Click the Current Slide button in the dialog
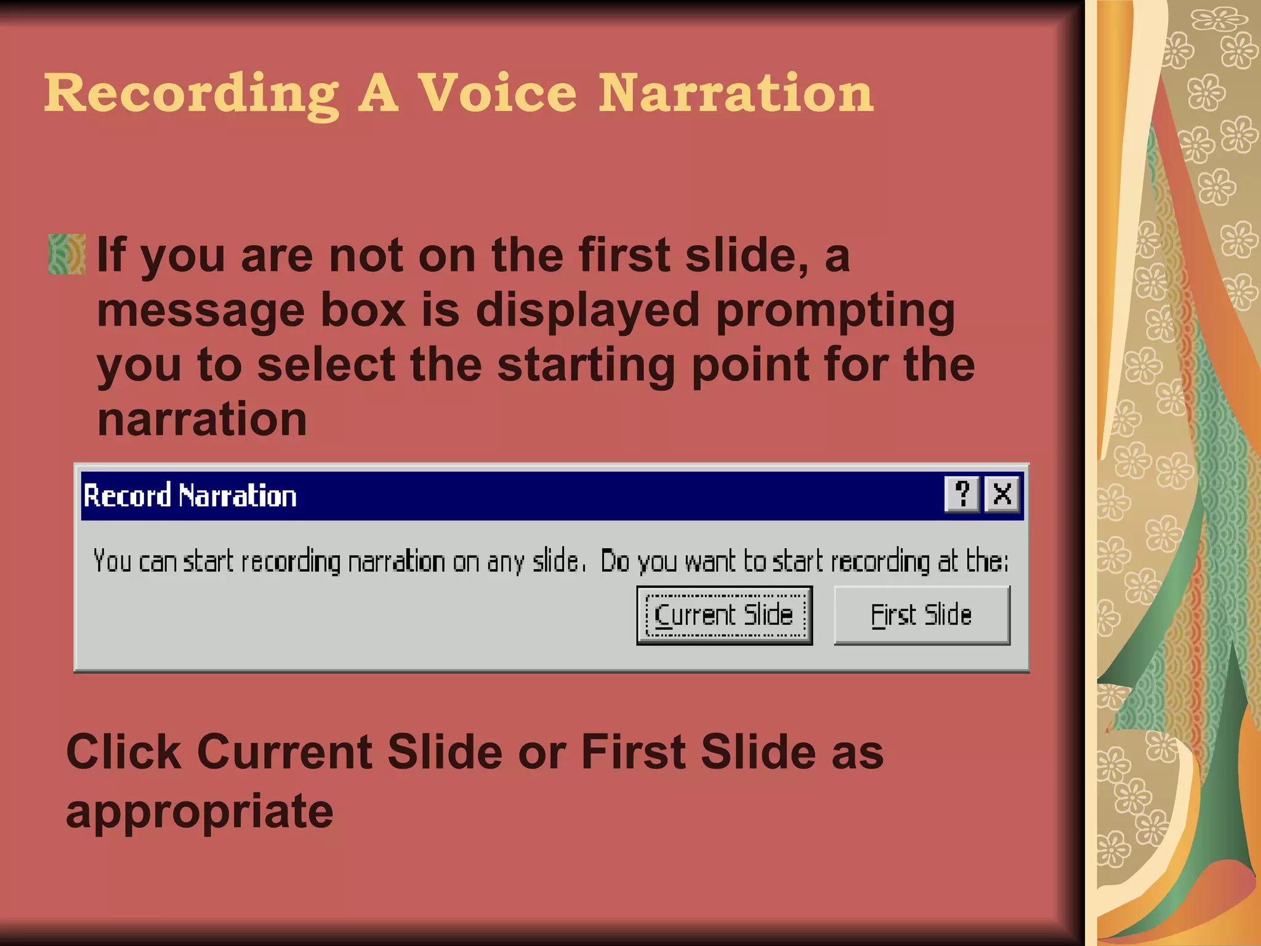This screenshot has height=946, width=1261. tap(724, 615)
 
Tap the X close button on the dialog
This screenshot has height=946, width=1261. tap(1002, 494)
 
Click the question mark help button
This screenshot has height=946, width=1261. tap(962, 494)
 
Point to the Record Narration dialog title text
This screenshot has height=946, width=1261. tap(190, 496)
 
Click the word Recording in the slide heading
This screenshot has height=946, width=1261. tap(191, 94)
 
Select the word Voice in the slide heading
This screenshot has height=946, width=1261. tap(498, 94)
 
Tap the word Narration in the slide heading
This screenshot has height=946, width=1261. tap(736, 94)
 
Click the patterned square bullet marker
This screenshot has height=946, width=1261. tap(66, 254)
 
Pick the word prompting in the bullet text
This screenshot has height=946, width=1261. tap(836, 310)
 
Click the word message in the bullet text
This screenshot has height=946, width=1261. tap(201, 310)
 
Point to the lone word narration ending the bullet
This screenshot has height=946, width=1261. tap(202, 419)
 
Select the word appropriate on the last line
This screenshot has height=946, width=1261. tap(199, 812)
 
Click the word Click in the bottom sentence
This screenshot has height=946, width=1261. tap(124, 752)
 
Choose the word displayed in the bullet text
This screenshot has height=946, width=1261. tap(587, 310)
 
